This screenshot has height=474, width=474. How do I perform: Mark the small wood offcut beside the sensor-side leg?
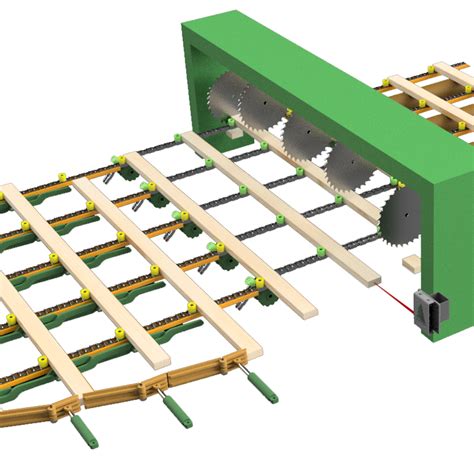(411, 264)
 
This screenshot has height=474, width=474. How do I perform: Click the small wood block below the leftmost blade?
(232, 130)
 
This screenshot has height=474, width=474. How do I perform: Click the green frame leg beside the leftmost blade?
(196, 90)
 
